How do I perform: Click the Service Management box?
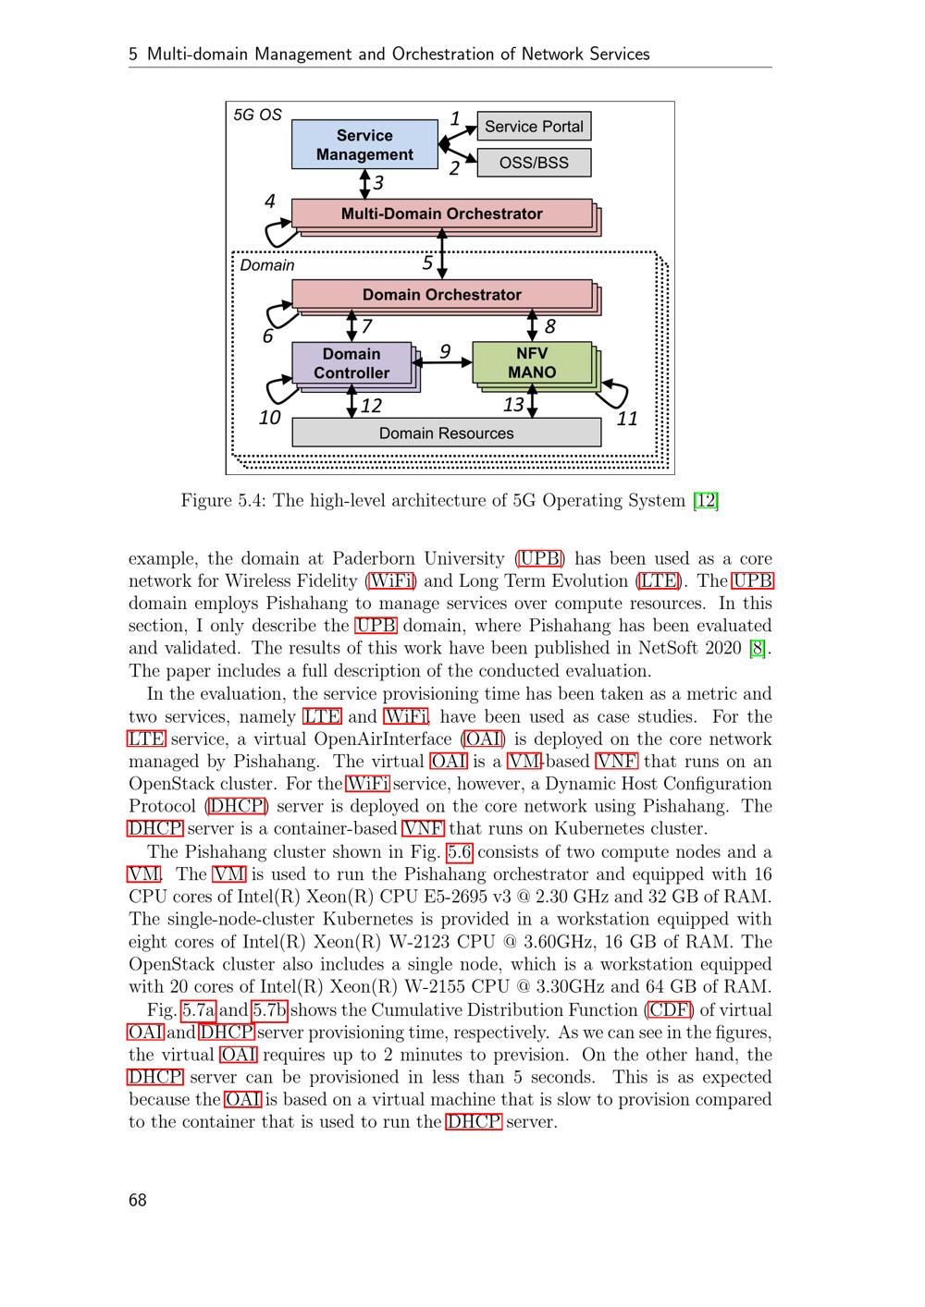coord(364,145)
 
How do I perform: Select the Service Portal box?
coord(534,127)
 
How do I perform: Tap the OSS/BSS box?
coord(534,163)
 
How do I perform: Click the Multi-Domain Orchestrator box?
coord(441,214)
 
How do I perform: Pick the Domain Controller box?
coord(351,363)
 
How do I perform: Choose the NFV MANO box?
coord(532,363)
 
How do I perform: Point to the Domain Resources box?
coord(446,433)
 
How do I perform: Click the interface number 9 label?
coord(445,351)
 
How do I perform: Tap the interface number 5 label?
coord(427,263)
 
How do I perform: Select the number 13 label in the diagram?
coord(513,405)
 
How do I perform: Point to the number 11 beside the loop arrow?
coord(627,419)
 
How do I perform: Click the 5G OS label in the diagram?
coord(257,115)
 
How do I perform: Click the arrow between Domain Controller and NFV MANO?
coord(446,363)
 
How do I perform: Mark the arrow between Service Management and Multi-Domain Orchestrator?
coord(365,184)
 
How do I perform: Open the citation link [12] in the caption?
coord(706,501)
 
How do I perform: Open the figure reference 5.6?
coord(459,852)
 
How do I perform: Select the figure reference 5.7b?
coord(269,1010)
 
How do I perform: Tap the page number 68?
coord(138,1200)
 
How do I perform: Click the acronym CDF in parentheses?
coord(670,1010)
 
